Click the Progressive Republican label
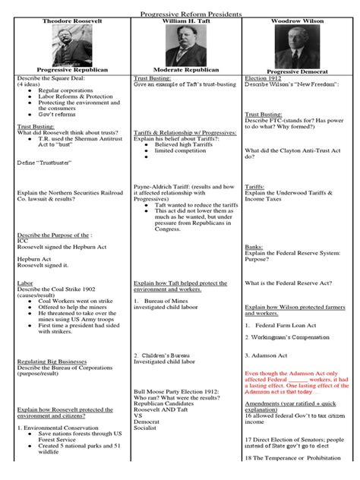[x=67, y=69]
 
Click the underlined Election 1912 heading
[x=264, y=78]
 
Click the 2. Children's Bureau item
[x=164, y=355]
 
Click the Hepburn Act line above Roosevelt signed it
[x=35, y=259]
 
